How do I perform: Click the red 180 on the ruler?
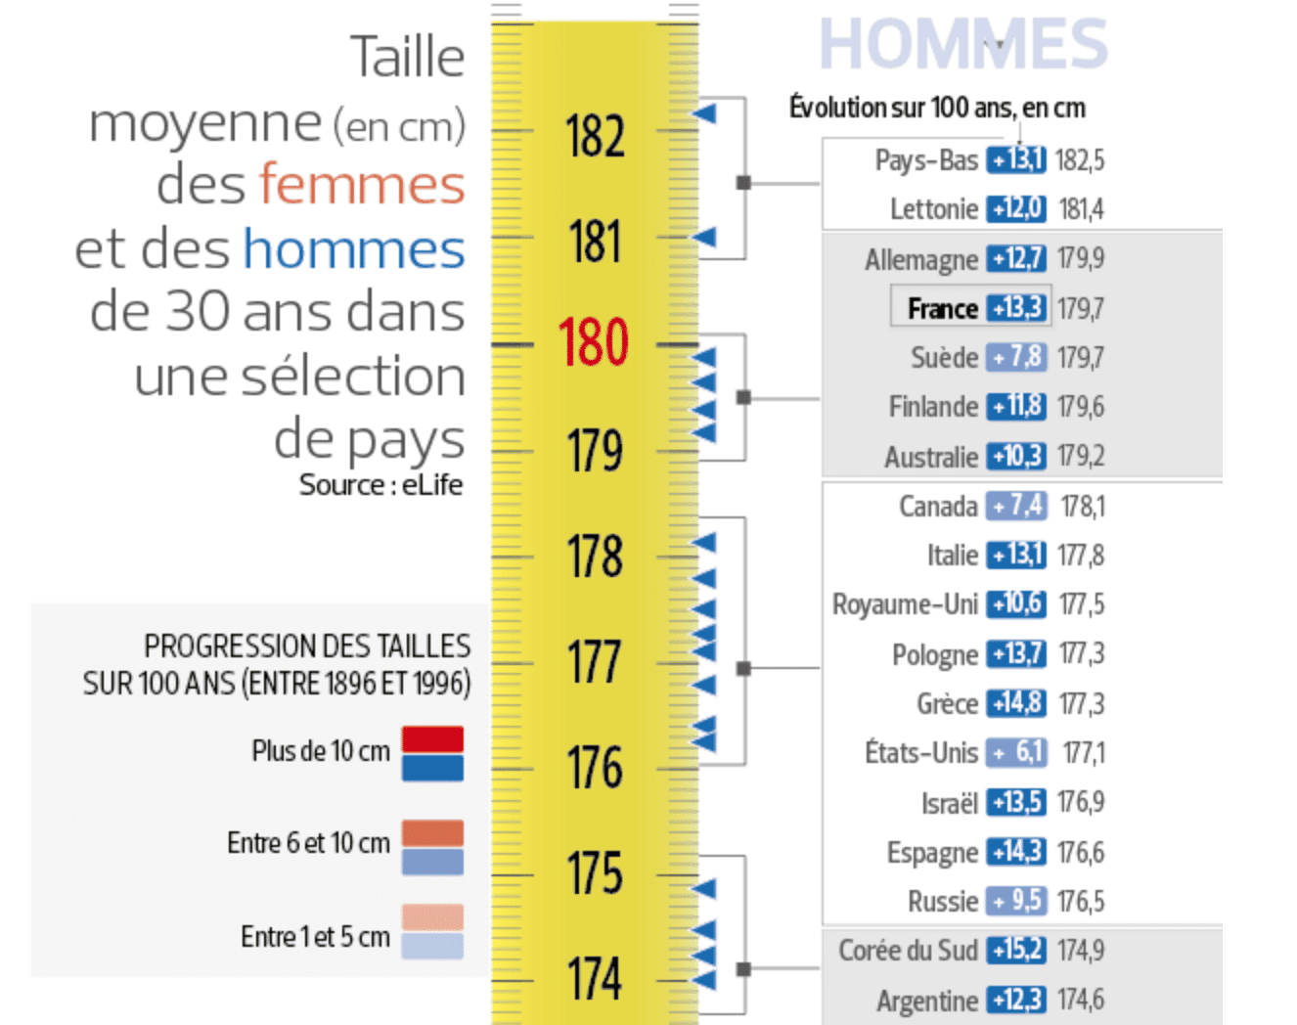(593, 342)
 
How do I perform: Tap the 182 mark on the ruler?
(595, 136)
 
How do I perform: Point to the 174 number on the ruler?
(594, 978)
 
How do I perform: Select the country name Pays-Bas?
(926, 160)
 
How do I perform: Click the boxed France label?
(942, 309)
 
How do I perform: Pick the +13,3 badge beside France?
(1016, 308)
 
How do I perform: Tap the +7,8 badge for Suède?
(1016, 357)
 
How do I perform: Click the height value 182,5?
(1081, 160)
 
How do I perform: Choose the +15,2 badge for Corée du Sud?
(1016, 950)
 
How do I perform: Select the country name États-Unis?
(921, 752)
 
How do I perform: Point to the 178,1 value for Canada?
(1083, 507)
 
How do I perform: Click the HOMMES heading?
(962, 44)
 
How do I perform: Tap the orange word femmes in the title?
(362, 185)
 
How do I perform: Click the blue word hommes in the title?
(354, 248)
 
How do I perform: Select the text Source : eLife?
(380, 485)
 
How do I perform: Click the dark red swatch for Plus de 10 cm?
(432, 738)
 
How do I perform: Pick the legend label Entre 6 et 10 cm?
(308, 843)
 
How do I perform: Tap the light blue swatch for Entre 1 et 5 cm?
(432, 946)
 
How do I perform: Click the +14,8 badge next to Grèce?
(1016, 703)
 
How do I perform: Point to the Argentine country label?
(927, 1001)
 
